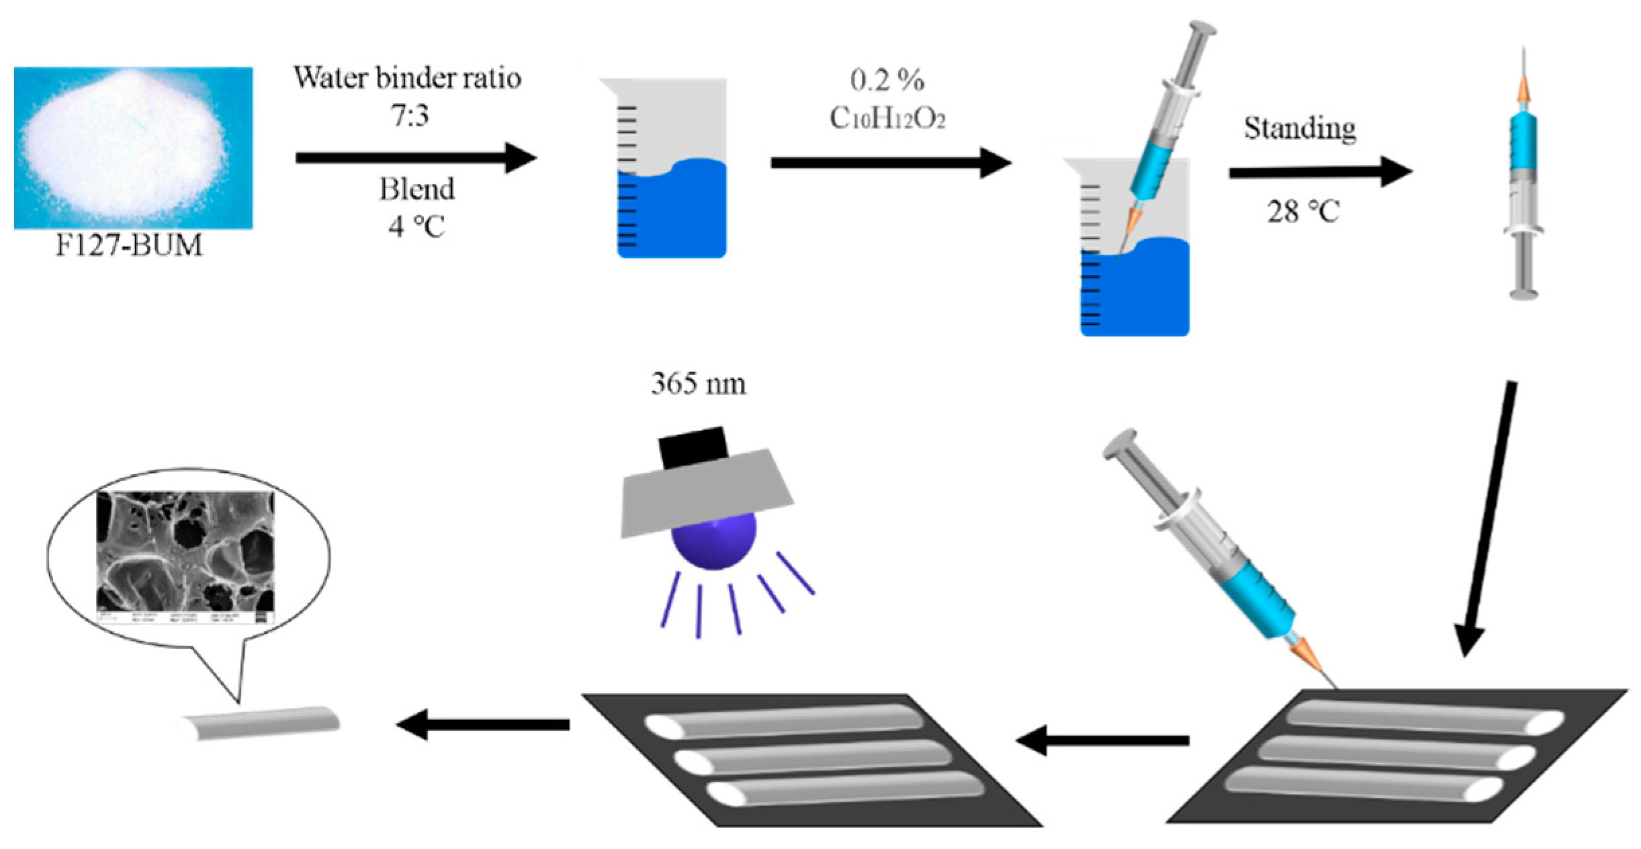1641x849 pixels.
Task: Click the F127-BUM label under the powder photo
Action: coord(128,246)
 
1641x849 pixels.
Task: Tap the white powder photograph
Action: coord(133,147)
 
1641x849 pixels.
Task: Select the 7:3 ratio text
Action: coord(409,116)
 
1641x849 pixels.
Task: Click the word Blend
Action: coord(416,189)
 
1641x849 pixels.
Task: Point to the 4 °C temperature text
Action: coord(416,226)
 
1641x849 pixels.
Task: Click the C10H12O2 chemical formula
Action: coord(887,119)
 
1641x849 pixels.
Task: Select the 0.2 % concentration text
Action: coord(887,81)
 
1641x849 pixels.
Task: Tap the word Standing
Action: coord(1299,128)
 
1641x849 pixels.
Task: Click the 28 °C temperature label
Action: coord(1302,212)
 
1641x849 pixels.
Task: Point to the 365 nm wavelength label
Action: coord(698,384)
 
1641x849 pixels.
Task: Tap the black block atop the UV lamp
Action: coord(693,446)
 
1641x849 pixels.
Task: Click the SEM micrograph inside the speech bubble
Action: coord(185,551)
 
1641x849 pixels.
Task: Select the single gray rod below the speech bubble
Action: coord(261,723)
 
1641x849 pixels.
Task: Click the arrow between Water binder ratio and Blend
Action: coord(415,158)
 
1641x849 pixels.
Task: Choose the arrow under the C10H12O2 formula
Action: coord(890,163)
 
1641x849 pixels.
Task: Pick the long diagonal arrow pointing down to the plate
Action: coord(1488,517)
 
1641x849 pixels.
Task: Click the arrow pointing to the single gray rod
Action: coord(484,724)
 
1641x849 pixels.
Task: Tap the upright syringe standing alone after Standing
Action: coord(1523,181)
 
